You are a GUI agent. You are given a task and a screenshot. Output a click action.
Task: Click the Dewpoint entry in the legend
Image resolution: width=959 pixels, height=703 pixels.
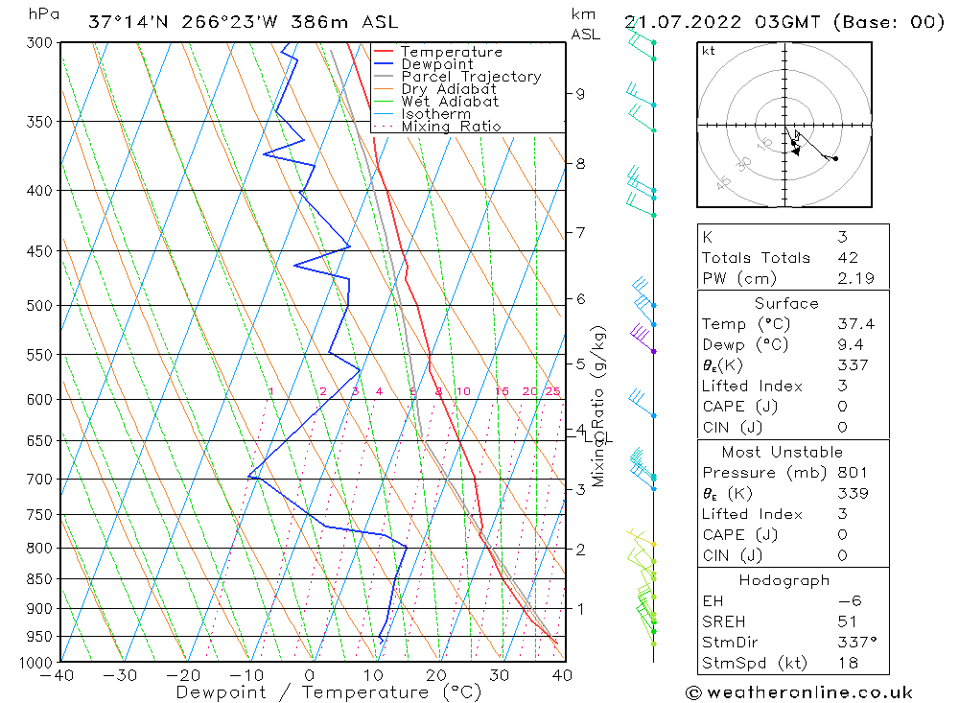coord(437,64)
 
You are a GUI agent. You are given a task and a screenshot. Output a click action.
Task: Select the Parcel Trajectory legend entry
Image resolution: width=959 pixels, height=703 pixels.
coord(471,77)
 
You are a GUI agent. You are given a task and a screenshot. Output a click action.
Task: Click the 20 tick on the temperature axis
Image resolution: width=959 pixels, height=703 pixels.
coord(435,675)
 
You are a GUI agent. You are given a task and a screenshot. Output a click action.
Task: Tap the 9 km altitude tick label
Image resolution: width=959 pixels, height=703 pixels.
coord(580,94)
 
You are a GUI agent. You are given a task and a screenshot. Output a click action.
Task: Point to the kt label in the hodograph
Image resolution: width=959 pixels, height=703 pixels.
coord(708,51)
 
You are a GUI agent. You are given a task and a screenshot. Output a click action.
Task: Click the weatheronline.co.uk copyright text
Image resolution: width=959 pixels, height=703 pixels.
coord(799,692)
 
